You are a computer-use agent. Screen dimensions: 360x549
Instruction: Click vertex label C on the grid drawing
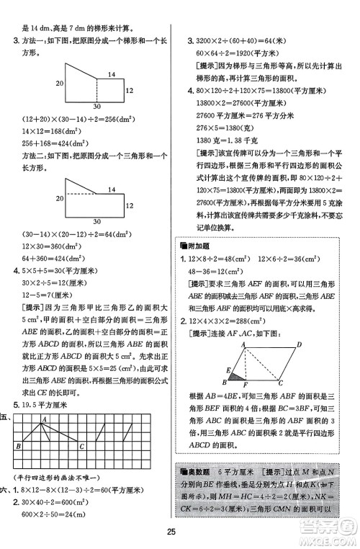tap(82, 446)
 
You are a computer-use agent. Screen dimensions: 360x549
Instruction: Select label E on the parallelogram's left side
tap(226, 368)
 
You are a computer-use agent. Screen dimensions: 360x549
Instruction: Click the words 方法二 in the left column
tap(34, 153)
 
